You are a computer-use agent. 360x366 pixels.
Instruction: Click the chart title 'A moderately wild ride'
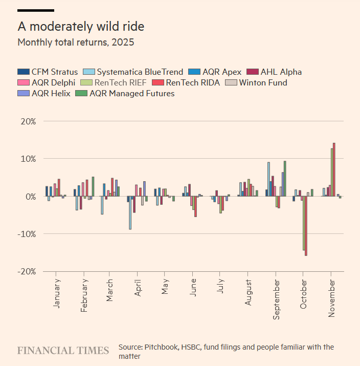(84, 26)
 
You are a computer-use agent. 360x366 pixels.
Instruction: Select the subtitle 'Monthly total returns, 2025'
(76, 42)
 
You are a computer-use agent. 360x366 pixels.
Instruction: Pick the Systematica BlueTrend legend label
(140, 72)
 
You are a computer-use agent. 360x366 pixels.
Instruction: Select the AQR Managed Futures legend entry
(132, 93)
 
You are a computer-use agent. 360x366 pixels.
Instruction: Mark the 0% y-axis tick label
(30, 197)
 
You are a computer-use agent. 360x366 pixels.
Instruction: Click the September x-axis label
(277, 299)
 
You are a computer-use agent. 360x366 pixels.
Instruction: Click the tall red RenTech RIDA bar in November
(334, 169)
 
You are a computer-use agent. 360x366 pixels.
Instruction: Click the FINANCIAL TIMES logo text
(63, 351)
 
